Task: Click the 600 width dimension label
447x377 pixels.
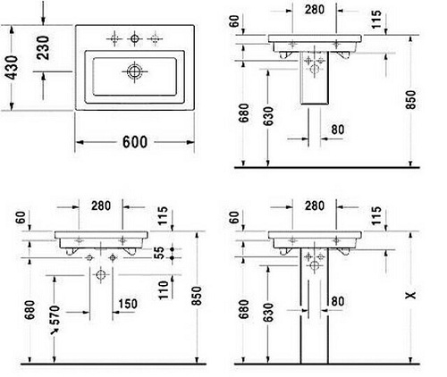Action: point(135,142)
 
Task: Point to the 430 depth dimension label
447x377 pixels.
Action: point(12,68)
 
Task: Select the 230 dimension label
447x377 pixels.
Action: point(43,47)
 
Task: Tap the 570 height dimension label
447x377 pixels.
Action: point(55,315)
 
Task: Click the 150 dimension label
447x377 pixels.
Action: point(128,304)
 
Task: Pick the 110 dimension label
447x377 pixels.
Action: point(164,290)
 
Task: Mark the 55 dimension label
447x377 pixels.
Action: point(160,253)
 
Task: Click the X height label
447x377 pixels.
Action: point(410,295)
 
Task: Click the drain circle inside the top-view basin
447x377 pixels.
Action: point(134,71)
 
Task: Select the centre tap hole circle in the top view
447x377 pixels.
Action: point(134,38)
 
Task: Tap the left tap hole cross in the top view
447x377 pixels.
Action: point(114,38)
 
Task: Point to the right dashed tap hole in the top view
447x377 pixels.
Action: point(155,38)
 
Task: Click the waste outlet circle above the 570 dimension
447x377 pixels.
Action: point(101,274)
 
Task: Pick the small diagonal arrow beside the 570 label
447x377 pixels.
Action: point(55,331)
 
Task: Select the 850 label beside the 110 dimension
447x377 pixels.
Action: point(197,296)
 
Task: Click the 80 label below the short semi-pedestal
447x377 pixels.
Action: point(338,130)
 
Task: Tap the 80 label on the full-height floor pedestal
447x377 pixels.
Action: point(338,301)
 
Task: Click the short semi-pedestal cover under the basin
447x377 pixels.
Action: point(315,78)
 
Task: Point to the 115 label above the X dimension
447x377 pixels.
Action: point(376,215)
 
